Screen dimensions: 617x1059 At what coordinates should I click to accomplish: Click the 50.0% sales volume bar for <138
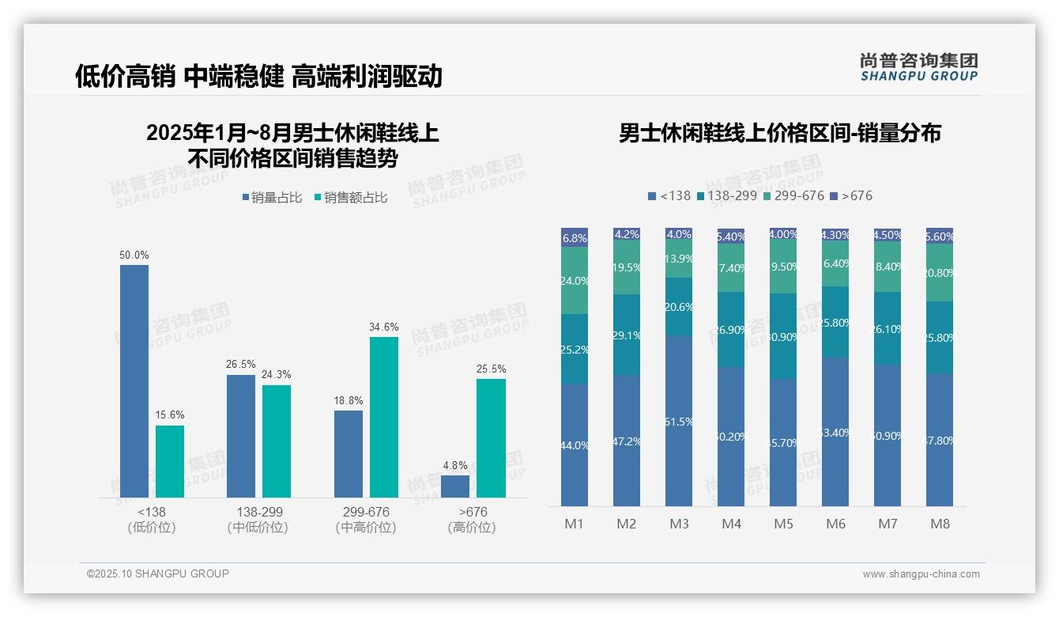click(134, 380)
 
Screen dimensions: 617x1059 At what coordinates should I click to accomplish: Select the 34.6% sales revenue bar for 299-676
click(384, 417)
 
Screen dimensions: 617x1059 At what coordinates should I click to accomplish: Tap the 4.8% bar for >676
click(455, 486)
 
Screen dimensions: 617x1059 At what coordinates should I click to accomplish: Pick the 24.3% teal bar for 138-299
click(277, 441)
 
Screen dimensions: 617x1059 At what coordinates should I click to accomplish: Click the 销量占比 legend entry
click(272, 198)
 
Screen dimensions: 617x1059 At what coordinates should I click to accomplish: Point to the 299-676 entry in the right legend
click(793, 195)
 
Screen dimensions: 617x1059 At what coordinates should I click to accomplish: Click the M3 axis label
click(679, 524)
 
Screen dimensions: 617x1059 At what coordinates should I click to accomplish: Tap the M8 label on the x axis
click(940, 524)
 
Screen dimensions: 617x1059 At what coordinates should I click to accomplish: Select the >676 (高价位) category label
click(472, 520)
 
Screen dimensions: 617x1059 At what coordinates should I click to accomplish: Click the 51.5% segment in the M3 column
click(679, 421)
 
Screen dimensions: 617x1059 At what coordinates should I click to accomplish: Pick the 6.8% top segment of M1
click(575, 237)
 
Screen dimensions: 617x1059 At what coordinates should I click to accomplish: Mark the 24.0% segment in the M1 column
click(575, 281)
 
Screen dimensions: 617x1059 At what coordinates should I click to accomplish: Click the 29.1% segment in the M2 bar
click(627, 335)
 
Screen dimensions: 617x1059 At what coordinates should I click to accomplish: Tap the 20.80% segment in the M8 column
click(940, 273)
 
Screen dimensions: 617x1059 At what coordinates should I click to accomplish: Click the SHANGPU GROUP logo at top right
click(918, 67)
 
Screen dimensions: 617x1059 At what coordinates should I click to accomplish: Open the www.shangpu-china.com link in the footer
click(921, 574)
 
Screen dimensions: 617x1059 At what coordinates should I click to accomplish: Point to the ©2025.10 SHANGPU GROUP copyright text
click(158, 573)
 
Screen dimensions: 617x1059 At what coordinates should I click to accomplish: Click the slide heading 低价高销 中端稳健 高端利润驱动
click(258, 76)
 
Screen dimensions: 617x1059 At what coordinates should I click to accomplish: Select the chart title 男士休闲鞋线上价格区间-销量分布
click(779, 133)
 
